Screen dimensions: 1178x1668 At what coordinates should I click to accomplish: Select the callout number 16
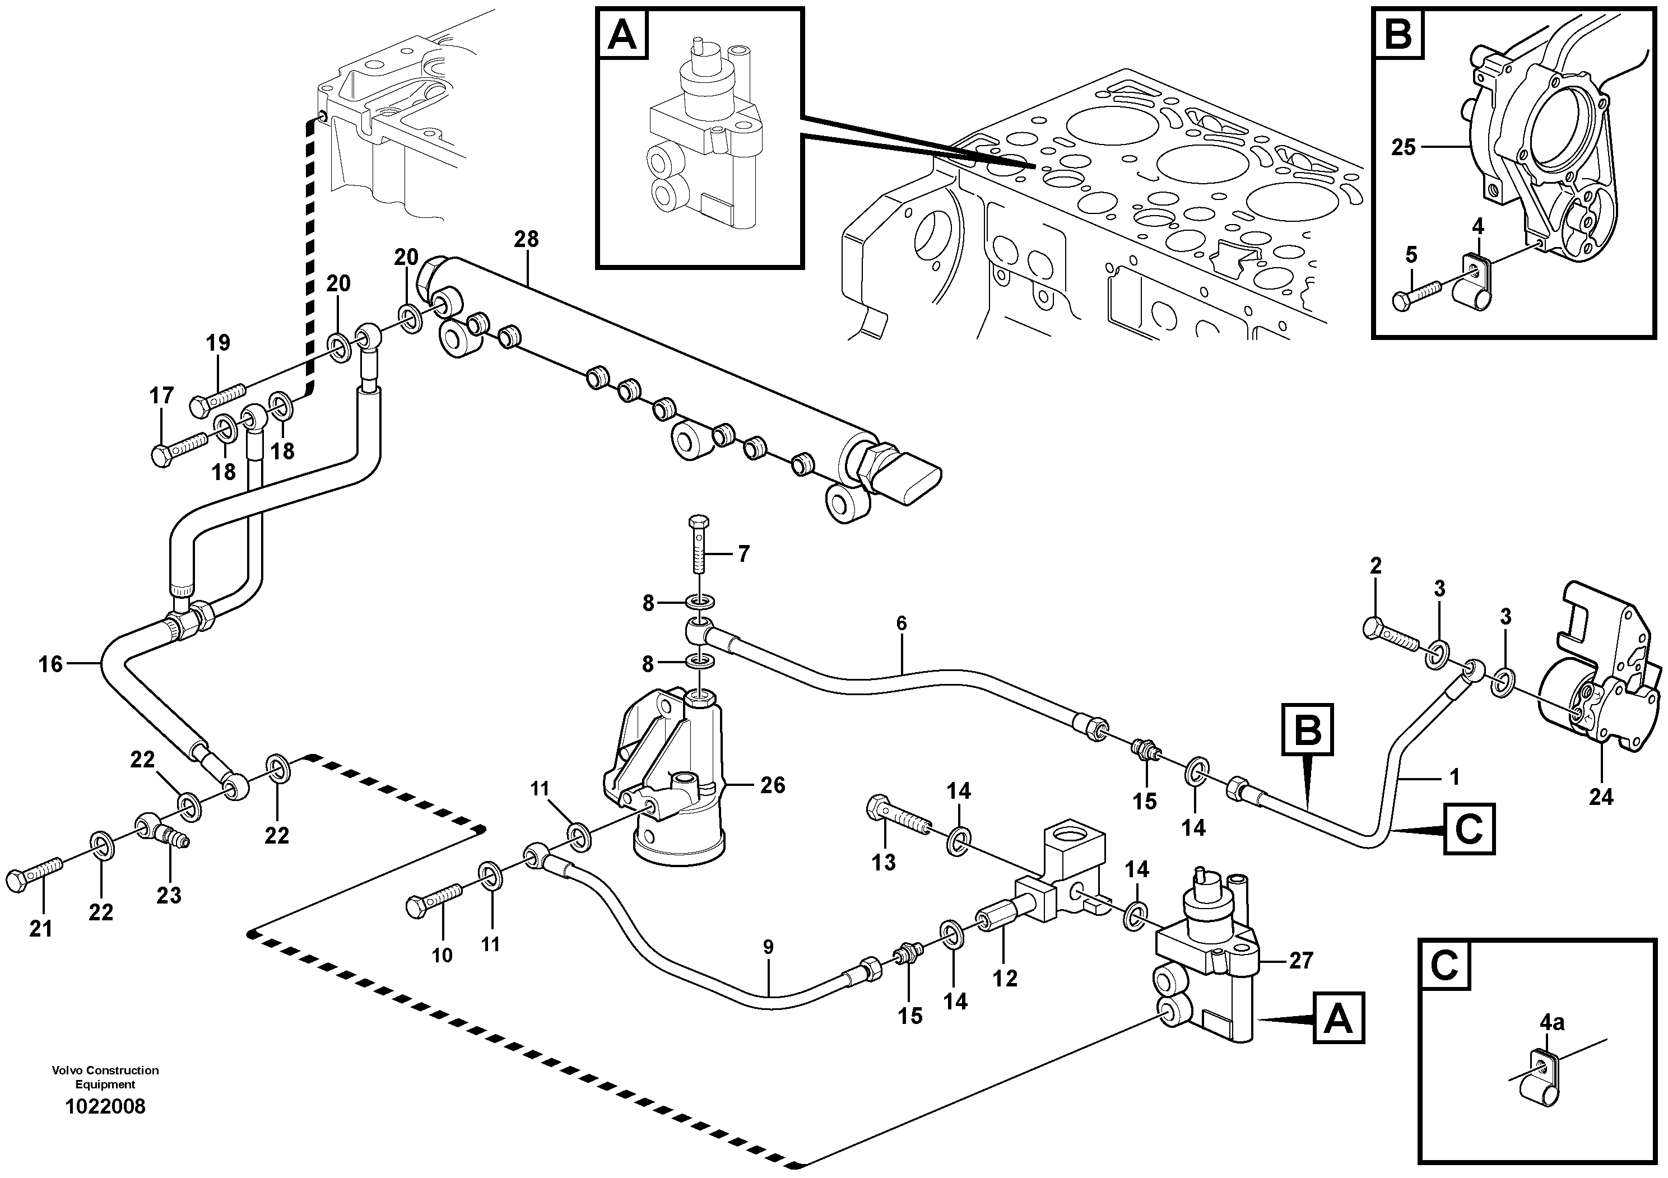(x=51, y=664)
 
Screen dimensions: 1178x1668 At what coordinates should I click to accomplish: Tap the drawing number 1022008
(x=105, y=1107)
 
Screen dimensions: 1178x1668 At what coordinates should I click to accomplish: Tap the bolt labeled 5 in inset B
(x=1416, y=294)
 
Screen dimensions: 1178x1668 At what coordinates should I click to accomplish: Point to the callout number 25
(x=1404, y=147)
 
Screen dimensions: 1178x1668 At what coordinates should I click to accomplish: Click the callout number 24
(x=1600, y=798)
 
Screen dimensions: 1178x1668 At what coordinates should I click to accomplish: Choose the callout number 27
(x=1300, y=960)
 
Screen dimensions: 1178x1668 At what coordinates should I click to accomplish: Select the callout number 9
(x=768, y=948)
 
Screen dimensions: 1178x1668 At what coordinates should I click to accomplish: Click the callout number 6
(x=902, y=622)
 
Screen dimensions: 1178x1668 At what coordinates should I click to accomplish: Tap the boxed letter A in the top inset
(x=622, y=34)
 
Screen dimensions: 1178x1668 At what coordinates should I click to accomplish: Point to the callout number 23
(x=169, y=896)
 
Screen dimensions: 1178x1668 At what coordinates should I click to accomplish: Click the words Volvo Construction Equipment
(x=105, y=1077)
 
